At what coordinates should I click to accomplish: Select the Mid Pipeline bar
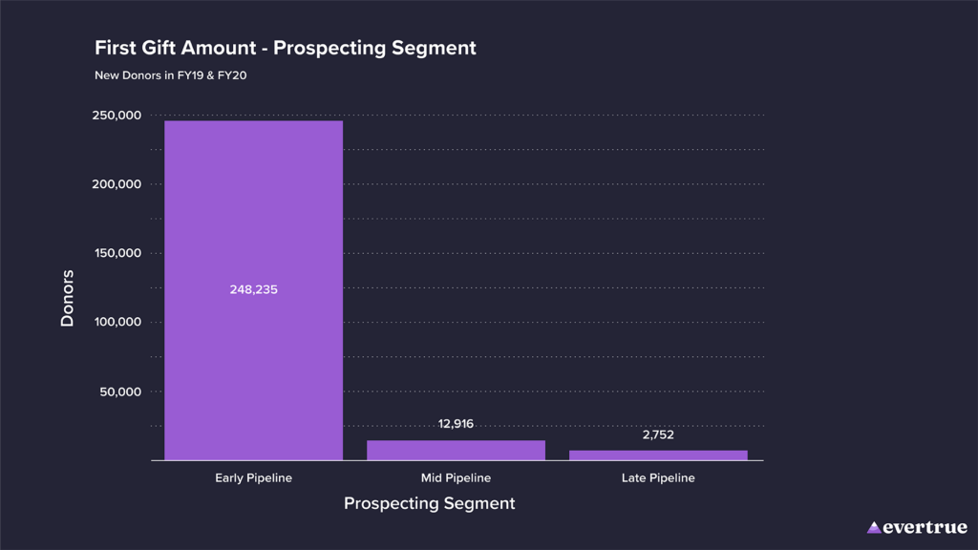click(456, 451)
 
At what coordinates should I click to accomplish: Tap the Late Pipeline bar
click(658, 455)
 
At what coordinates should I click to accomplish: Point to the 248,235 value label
click(253, 289)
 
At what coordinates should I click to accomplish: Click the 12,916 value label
click(456, 424)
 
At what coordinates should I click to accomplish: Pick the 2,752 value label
click(658, 434)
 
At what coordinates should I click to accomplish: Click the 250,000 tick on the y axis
click(117, 116)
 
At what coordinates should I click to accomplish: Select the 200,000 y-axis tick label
click(117, 184)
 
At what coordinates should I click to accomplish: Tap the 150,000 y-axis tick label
click(117, 253)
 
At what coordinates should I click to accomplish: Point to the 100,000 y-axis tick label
click(117, 322)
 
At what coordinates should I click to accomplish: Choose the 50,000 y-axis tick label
click(120, 391)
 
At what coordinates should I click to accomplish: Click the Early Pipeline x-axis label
click(253, 477)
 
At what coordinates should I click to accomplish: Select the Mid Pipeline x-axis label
click(456, 477)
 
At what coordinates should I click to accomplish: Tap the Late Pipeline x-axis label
click(658, 477)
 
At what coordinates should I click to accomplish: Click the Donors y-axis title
click(67, 298)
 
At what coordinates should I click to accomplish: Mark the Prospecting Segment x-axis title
click(429, 503)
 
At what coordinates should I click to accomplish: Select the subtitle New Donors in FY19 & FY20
click(170, 75)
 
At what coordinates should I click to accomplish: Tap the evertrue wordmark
click(925, 527)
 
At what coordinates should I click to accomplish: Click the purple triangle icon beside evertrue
click(874, 527)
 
